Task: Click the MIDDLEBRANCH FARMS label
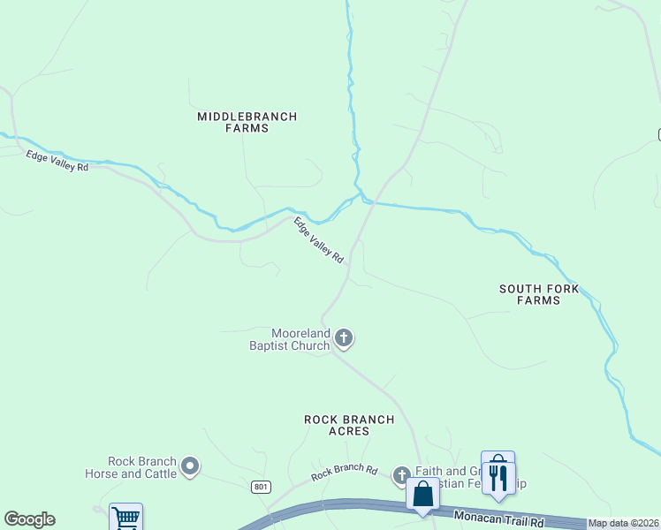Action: click(x=247, y=122)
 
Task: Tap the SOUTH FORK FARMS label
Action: click(x=539, y=294)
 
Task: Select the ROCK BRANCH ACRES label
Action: click(x=349, y=425)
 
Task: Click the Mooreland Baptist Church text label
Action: click(x=288, y=339)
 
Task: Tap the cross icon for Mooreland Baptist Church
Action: click(x=344, y=337)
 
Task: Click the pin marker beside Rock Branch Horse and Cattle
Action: click(x=190, y=466)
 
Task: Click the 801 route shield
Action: click(x=261, y=487)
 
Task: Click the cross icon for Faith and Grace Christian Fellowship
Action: click(x=401, y=476)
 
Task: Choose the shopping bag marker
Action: click(x=423, y=494)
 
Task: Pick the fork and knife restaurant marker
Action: click(x=498, y=477)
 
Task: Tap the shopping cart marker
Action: click(x=125, y=519)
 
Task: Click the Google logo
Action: click(x=29, y=519)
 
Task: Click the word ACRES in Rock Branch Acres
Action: click(x=349, y=431)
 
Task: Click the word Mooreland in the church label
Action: click(x=300, y=333)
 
